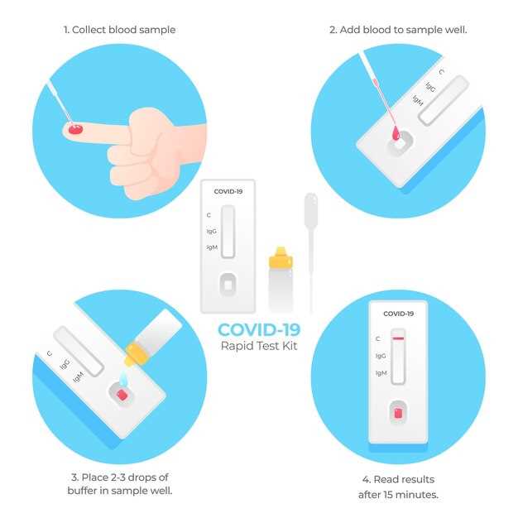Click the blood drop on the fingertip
click(x=76, y=128)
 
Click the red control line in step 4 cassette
click(x=398, y=338)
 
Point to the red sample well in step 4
click(x=397, y=411)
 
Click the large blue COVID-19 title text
click(x=258, y=329)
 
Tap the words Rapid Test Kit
click(x=258, y=346)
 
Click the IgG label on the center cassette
click(x=212, y=231)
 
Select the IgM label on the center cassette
click(x=212, y=247)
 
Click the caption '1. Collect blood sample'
click(x=119, y=30)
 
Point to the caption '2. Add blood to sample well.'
click(x=398, y=30)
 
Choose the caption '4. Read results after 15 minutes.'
click(x=398, y=487)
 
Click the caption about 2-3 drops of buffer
click(x=119, y=484)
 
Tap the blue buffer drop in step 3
click(x=122, y=379)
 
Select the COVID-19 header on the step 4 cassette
click(x=398, y=314)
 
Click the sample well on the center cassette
click(x=228, y=285)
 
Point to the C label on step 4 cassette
click(x=378, y=338)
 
